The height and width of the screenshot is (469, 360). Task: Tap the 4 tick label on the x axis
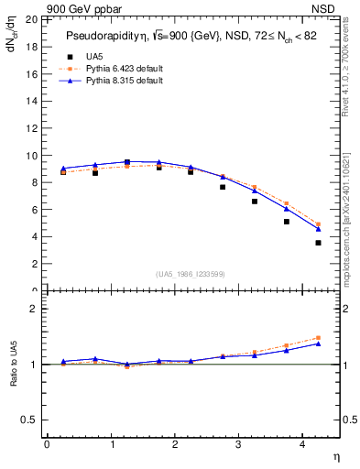point(302,444)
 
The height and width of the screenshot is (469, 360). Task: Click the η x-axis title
point(335,455)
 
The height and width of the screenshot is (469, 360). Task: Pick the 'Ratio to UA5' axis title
point(13,377)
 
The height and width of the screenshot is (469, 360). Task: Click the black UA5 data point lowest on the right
point(318,243)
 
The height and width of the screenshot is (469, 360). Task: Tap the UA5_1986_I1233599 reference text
point(191,274)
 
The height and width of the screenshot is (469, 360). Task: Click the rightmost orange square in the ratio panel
point(318,338)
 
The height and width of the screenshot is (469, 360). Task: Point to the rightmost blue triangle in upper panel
point(318,228)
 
